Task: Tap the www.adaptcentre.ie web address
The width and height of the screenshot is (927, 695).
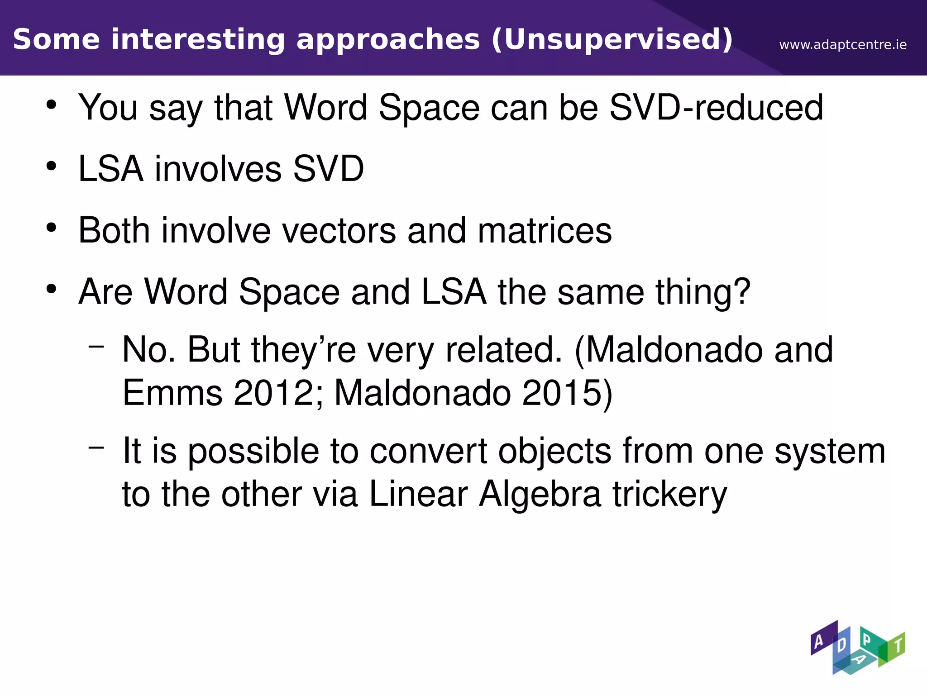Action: click(843, 45)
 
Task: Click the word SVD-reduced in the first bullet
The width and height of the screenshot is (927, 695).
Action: click(716, 108)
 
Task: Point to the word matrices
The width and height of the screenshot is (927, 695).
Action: click(545, 231)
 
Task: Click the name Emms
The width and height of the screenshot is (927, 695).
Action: click(172, 392)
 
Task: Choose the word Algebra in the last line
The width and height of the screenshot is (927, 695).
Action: click(540, 494)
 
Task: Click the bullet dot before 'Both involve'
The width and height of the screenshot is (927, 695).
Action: click(52, 228)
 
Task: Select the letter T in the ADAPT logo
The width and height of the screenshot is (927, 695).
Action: click(898, 645)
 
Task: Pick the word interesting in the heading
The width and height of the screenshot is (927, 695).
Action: click(198, 39)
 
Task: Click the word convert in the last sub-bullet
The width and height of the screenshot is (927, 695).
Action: click(428, 451)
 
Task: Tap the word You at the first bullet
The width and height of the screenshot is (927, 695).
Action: click(108, 108)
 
